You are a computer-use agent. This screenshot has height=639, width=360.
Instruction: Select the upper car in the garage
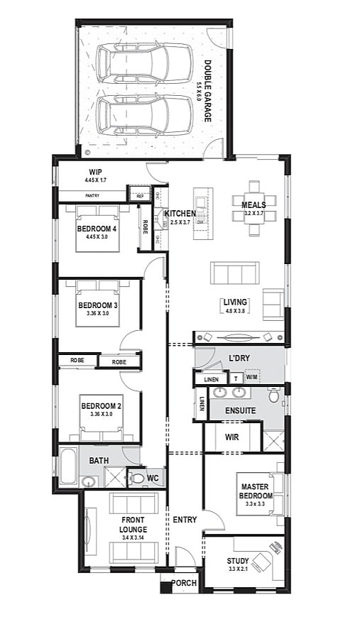(x=144, y=62)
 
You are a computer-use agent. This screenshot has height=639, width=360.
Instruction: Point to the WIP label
(x=96, y=173)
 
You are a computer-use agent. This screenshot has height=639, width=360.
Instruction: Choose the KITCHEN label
(x=180, y=214)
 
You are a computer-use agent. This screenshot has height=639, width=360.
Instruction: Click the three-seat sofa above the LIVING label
(x=234, y=274)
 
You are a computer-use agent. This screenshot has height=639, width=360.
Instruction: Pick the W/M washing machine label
(x=252, y=378)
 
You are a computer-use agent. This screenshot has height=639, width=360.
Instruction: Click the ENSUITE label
(x=240, y=410)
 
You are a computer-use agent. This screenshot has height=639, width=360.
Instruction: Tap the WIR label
(x=232, y=437)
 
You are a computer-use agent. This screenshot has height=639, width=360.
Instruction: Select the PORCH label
(x=184, y=584)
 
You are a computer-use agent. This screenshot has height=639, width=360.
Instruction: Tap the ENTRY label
(x=185, y=520)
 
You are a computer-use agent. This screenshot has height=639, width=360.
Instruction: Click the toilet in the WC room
(x=136, y=479)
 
